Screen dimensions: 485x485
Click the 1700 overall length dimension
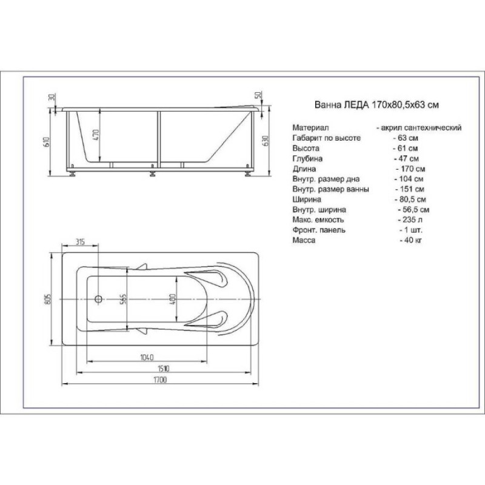[160, 380]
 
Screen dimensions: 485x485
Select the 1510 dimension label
[163, 369]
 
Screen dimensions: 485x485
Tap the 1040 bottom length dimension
[147, 357]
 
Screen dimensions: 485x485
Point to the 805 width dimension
[48, 299]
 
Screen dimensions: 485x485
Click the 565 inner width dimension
[123, 299]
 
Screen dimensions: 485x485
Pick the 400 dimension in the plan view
[172, 299]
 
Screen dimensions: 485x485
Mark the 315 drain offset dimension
[80, 241]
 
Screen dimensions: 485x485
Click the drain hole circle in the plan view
[98, 299]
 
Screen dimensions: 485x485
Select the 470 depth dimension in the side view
[96, 135]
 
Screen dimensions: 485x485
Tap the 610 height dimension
[47, 142]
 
